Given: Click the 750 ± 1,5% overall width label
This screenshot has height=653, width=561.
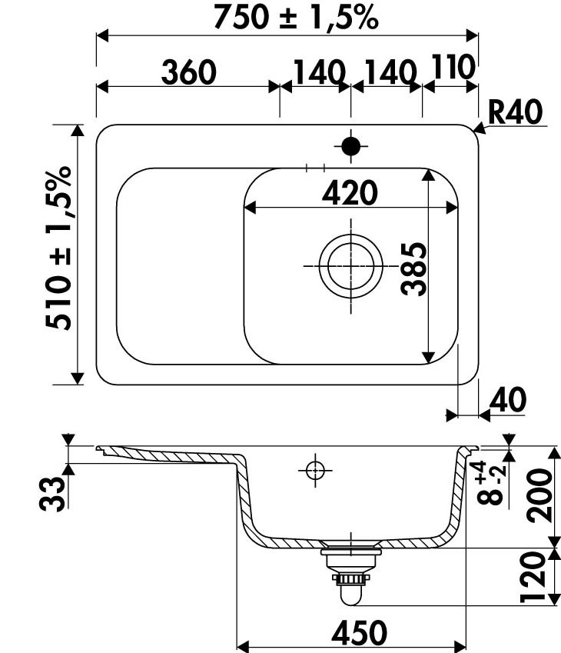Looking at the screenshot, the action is pos(296,18).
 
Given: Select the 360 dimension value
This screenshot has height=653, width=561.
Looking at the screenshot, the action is pos(189,72).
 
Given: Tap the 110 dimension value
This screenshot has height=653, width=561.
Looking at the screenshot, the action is pos(453,67).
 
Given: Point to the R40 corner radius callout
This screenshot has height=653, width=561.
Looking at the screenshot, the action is pos(515,112).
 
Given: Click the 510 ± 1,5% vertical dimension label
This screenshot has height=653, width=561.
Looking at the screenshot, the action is pos(59,248).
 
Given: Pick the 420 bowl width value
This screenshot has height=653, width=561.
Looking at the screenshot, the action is pos(350,193).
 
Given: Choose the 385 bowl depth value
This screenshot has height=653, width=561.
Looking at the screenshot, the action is pos(414,269).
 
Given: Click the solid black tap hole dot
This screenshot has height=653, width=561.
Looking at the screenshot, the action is pos(351,146).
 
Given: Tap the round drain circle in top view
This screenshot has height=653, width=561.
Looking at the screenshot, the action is pos(351,265).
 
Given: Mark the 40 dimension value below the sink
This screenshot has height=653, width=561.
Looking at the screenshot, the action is pos(508,400).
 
